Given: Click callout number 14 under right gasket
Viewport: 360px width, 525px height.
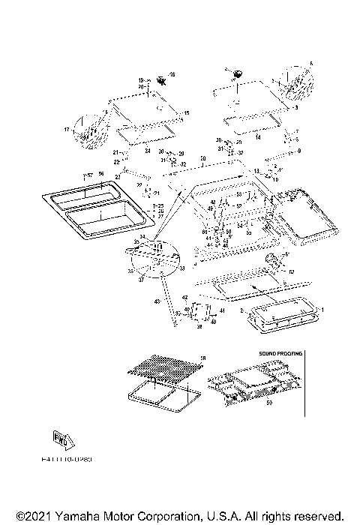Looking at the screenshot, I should (258, 138).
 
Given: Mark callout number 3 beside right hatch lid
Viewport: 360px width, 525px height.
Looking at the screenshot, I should (296, 108).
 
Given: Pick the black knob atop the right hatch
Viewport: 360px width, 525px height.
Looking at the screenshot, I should (238, 73).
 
